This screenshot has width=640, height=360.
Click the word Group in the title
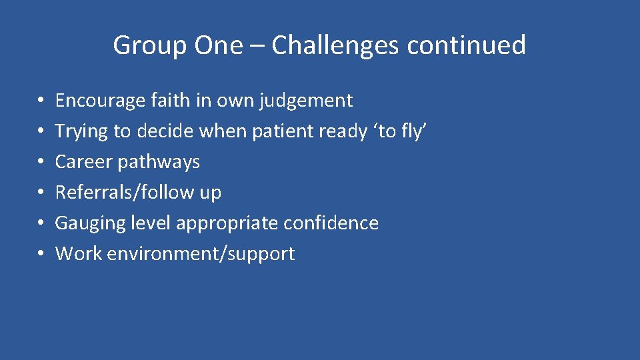[x=151, y=46]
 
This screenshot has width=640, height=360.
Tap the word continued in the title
[x=466, y=46]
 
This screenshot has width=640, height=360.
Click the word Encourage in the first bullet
[x=100, y=101]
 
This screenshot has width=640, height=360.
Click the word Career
[x=83, y=162]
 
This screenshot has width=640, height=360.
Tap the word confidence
[x=331, y=223]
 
